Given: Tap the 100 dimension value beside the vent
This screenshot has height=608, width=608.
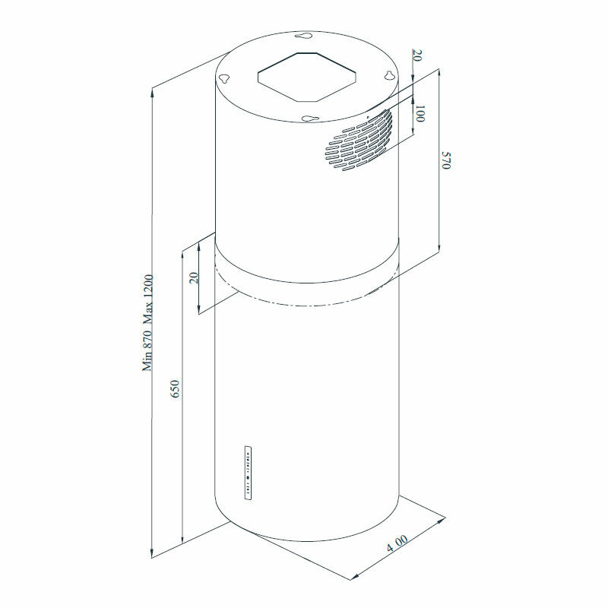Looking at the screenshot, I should (420, 115).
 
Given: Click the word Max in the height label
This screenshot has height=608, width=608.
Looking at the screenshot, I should (148, 312).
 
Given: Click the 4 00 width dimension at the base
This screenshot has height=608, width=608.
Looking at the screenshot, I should (397, 544).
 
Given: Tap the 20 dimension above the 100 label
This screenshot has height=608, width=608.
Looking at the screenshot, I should (417, 57).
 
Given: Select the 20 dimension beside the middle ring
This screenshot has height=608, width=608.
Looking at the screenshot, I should (194, 277).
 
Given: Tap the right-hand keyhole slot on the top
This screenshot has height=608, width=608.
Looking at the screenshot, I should (388, 75).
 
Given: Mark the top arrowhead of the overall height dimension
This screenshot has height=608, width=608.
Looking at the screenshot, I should (154, 90).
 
